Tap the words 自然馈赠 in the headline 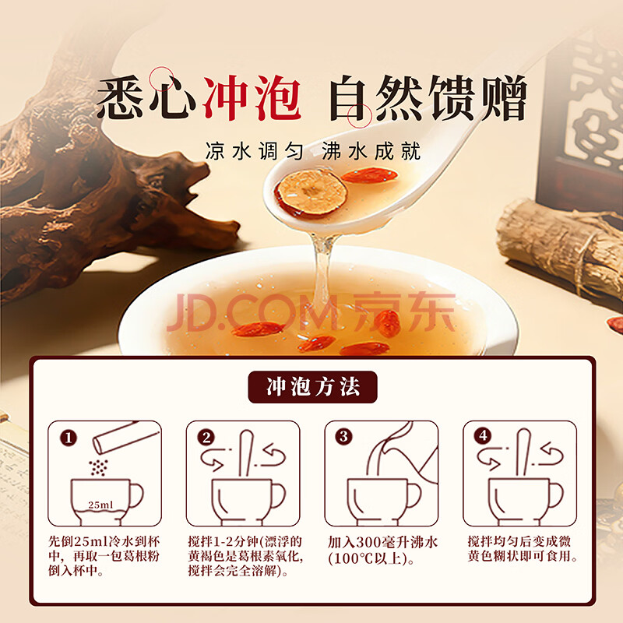(428, 98)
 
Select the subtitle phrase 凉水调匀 (255, 151)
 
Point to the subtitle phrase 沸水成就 (371, 151)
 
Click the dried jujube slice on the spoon (311, 192)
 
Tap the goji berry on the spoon (369, 175)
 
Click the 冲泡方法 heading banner (313, 386)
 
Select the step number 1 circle (69, 438)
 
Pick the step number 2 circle (206, 438)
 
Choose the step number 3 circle (343, 437)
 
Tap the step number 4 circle (483, 436)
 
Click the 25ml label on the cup (100, 505)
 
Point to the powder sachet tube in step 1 (126, 438)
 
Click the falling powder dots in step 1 (98, 468)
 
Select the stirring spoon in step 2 (245, 453)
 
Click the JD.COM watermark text (252, 312)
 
